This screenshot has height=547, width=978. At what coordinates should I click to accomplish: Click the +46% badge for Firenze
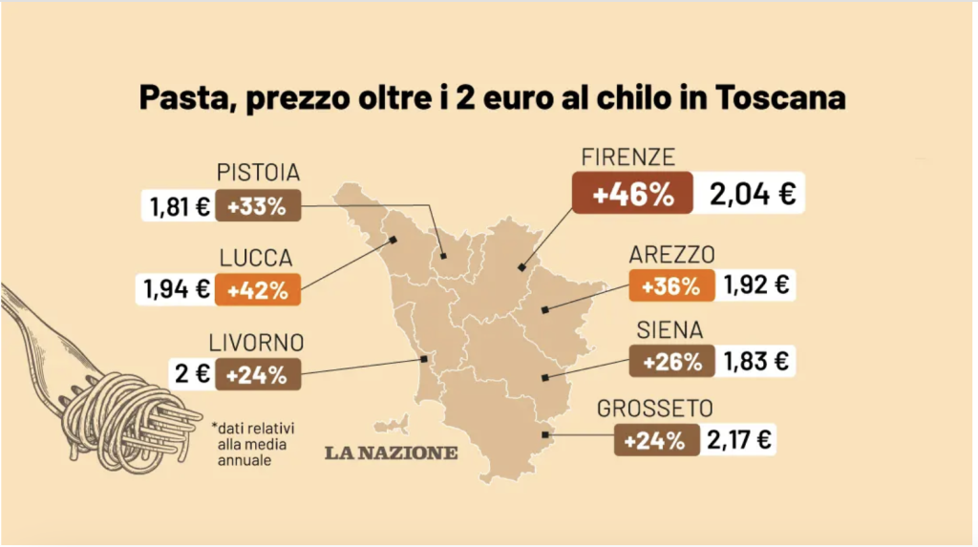point(633,194)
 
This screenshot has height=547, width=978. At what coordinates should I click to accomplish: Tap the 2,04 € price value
point(753,195)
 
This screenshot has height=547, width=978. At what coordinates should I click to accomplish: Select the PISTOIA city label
point(258,173)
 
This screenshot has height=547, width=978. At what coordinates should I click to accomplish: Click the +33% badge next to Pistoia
point(257,205)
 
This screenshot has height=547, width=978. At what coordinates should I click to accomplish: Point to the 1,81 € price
point(178,205)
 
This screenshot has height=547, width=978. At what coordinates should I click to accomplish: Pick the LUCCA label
point(256,259)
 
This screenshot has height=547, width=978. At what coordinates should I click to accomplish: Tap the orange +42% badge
point(258,289)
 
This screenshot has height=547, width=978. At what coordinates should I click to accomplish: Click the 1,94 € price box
point(178,289)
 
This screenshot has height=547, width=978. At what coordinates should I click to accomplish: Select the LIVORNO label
point(256,343)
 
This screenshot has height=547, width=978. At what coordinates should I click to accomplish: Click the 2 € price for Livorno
point(191,374)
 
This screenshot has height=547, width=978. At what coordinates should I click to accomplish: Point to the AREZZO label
point(671,255)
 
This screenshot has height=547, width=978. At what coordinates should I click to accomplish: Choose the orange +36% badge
point(670,285)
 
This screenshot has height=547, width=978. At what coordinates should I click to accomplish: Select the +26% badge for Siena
point(671,362)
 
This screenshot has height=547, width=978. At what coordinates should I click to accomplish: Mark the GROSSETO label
point(655,409)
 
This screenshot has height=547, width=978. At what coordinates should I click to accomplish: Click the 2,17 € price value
point(739,440)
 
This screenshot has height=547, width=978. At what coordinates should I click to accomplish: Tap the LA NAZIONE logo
point(390,452)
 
